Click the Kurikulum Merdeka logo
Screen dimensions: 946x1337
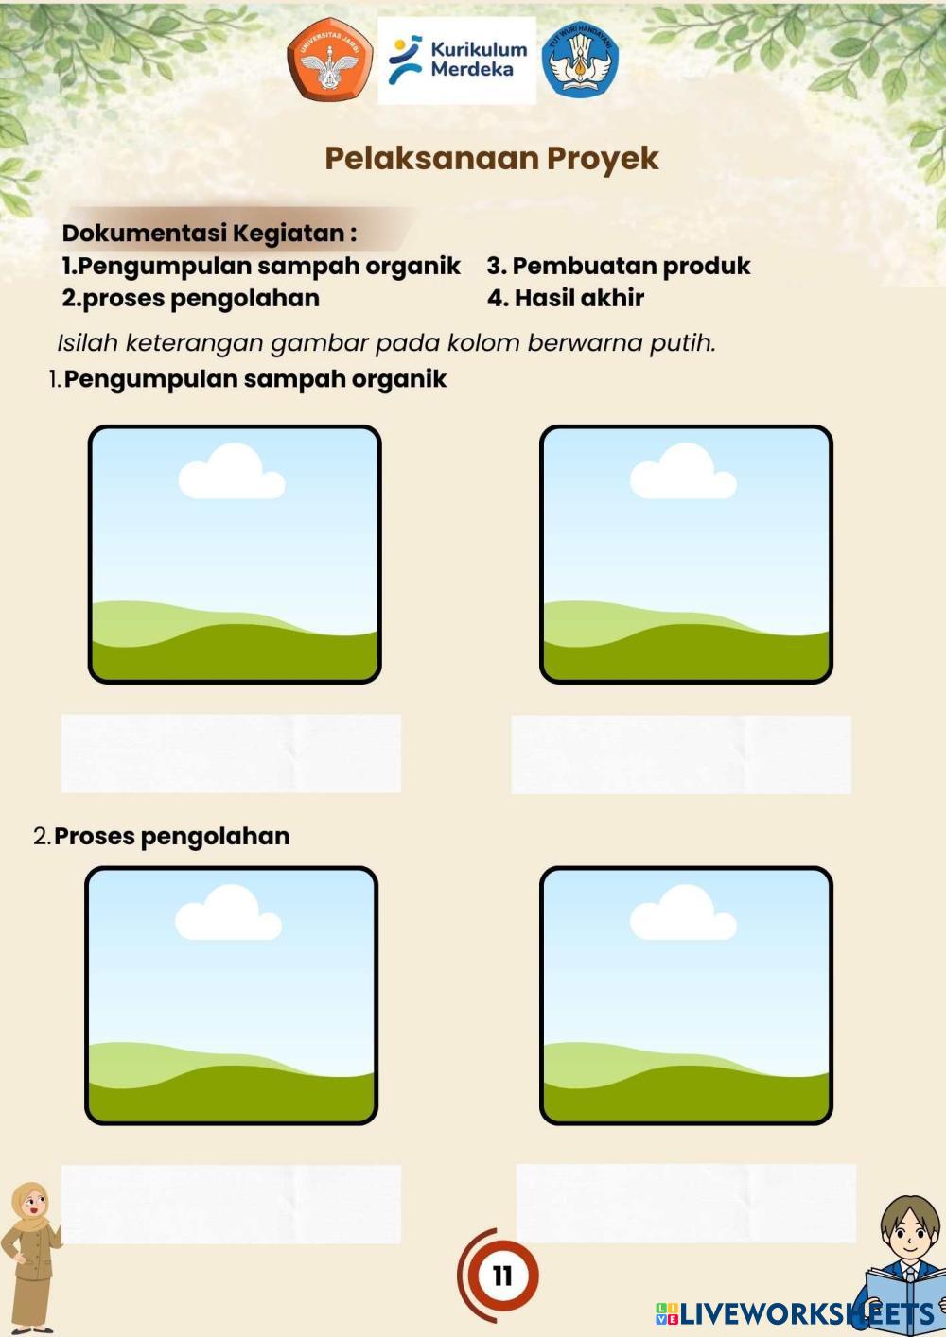pos(457,60)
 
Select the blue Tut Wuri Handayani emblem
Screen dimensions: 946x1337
pos(580,60)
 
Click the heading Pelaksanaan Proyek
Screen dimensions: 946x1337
pos(491,158)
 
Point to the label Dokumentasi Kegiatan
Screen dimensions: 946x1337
pos(209,233)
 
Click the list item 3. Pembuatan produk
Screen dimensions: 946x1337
pos(619,266)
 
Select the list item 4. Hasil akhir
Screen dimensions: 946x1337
pos(566,298)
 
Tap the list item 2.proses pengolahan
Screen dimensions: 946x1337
pos(191,298)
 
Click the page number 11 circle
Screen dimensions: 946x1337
pos(501,1276)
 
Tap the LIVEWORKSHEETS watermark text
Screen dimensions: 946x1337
pos(795,1313)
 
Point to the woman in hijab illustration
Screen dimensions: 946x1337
pos(30,1257)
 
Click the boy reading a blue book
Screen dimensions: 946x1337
pos(903,1267)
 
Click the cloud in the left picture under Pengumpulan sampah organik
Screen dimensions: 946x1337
pos(232,472)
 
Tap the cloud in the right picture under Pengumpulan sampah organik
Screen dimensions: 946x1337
pos(683,472)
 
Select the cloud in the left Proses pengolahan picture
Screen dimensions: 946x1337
pos(228,913)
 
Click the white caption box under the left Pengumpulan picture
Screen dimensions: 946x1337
pos(231,754)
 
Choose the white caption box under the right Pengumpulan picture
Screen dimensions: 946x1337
pos(681,754)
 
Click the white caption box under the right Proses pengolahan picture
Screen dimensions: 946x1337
pos(686,1203)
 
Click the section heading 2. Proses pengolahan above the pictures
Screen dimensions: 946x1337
pos(162,836)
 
